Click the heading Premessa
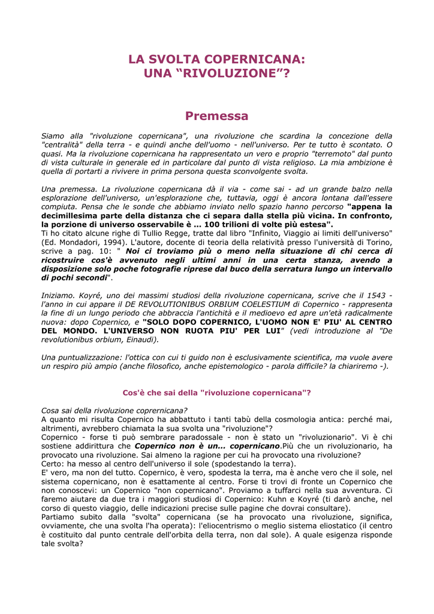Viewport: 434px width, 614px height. coord(216,116)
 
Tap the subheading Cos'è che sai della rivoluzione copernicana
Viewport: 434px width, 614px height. coord(216,393)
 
